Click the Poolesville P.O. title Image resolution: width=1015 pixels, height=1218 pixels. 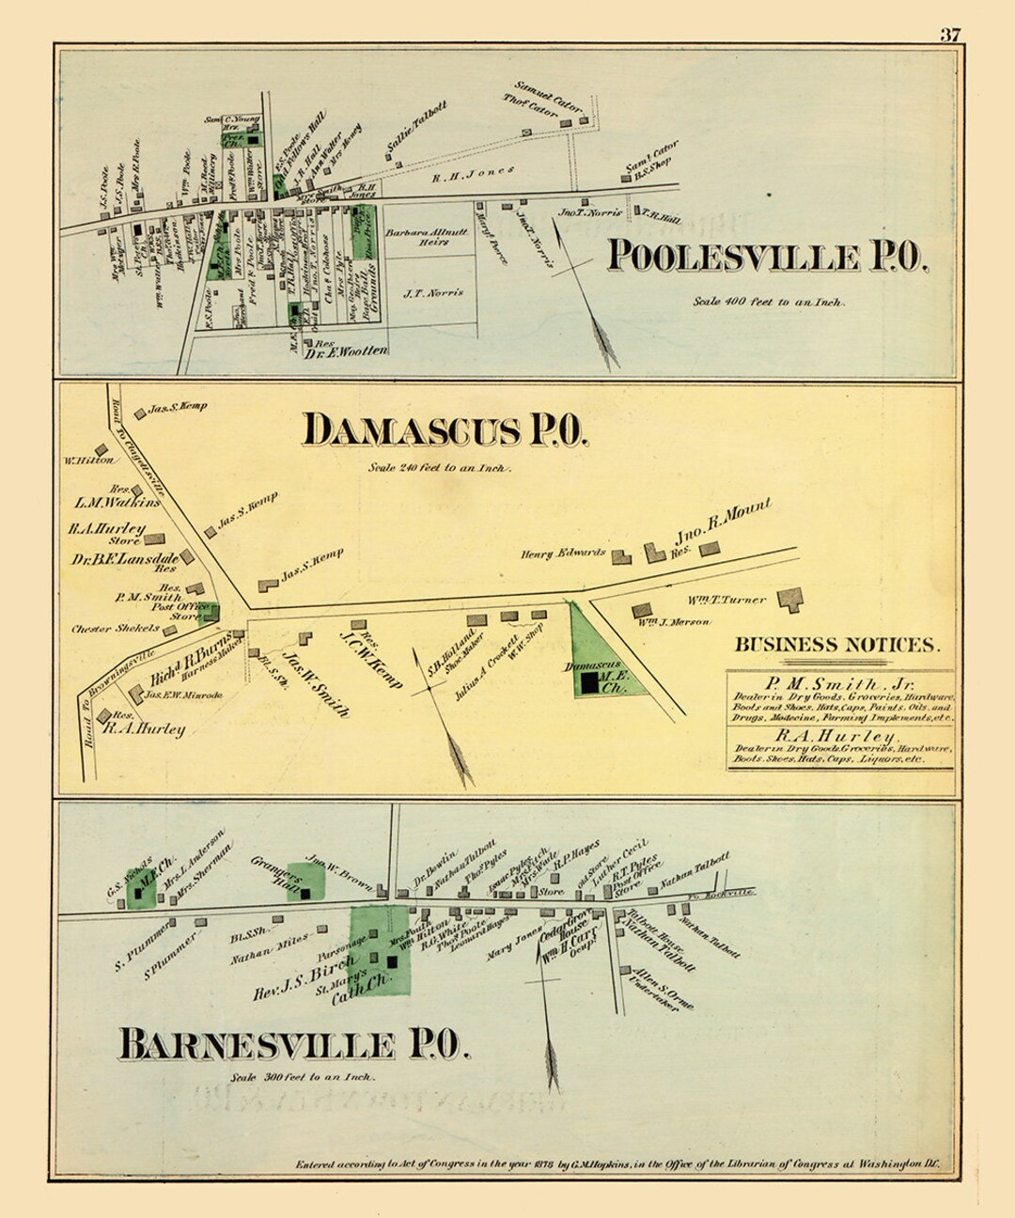[767, 257]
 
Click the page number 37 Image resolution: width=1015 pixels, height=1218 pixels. [950, 35]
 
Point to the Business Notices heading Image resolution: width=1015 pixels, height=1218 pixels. [836, 645]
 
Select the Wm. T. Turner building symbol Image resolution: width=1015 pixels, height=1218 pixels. [791, 601]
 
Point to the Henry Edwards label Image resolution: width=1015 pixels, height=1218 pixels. [563, 554]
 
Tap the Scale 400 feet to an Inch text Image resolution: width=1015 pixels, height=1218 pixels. [769, 303]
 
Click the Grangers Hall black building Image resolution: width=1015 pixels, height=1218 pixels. [305, 894]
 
